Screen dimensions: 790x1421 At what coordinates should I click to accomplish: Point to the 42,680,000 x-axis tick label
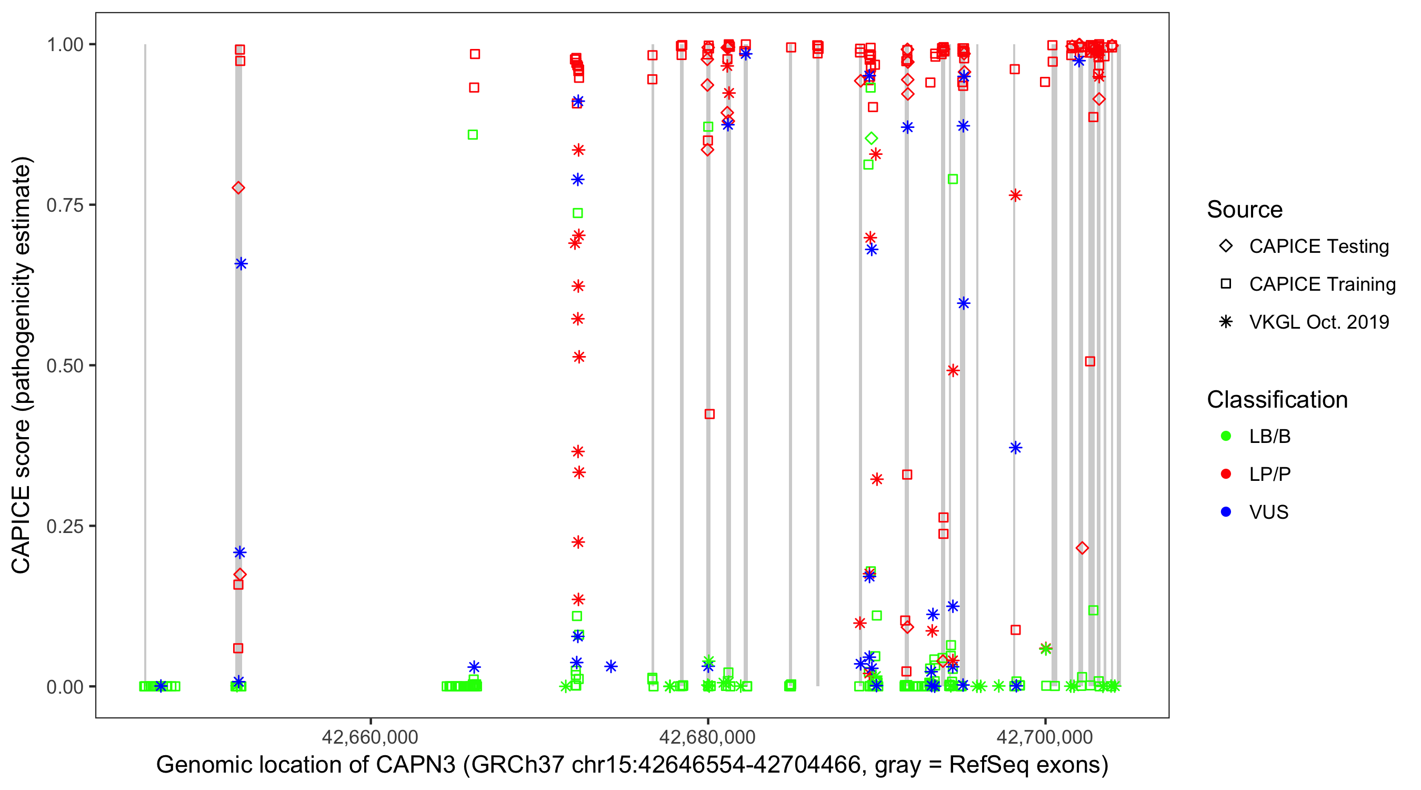point(707,736)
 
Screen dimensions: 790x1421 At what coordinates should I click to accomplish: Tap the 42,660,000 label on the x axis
point(369,736)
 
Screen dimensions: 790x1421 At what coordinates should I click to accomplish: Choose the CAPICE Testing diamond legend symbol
point(1226,246)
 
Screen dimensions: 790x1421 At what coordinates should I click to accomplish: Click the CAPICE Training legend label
point(1322,284)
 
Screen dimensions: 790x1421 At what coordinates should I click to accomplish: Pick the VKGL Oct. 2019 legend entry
point(1318,322)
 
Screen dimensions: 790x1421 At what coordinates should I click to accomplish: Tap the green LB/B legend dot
point(1226,436)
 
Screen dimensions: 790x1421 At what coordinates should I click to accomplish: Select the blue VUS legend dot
point(1226,512)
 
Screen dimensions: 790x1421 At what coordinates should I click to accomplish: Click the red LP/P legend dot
point(1226,474)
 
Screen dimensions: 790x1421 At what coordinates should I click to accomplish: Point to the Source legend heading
point(1245,210)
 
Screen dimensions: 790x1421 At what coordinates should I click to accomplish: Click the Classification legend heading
point(1276,400)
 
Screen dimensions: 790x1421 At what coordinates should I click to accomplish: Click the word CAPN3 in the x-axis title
point(415,765)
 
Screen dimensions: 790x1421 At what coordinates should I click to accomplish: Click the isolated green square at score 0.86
point(473,135)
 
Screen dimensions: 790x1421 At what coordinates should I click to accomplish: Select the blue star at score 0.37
point(1016,448)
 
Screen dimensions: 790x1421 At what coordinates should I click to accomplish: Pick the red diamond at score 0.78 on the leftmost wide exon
point(238,188)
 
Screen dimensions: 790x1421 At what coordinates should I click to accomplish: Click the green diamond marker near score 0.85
point(871,138)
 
